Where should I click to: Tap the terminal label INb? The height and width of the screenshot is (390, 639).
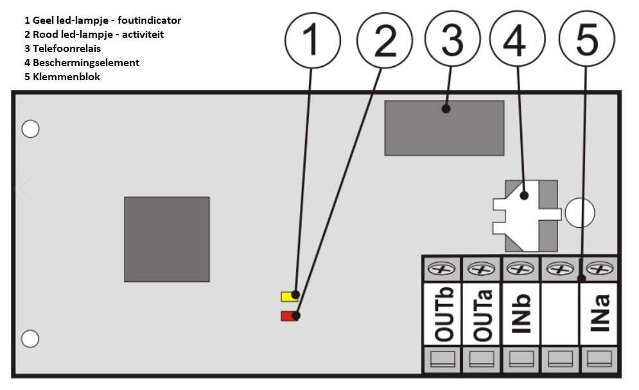click(522, 314)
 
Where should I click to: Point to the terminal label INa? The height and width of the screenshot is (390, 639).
click(599, 314)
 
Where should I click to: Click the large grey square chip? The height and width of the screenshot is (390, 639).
click(167, 239)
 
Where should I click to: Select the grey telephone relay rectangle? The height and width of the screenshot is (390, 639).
click(444, 128)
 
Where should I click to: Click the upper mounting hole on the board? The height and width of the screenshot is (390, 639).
click(30, 129)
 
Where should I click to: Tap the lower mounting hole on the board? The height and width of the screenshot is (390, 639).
click(30, 338)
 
